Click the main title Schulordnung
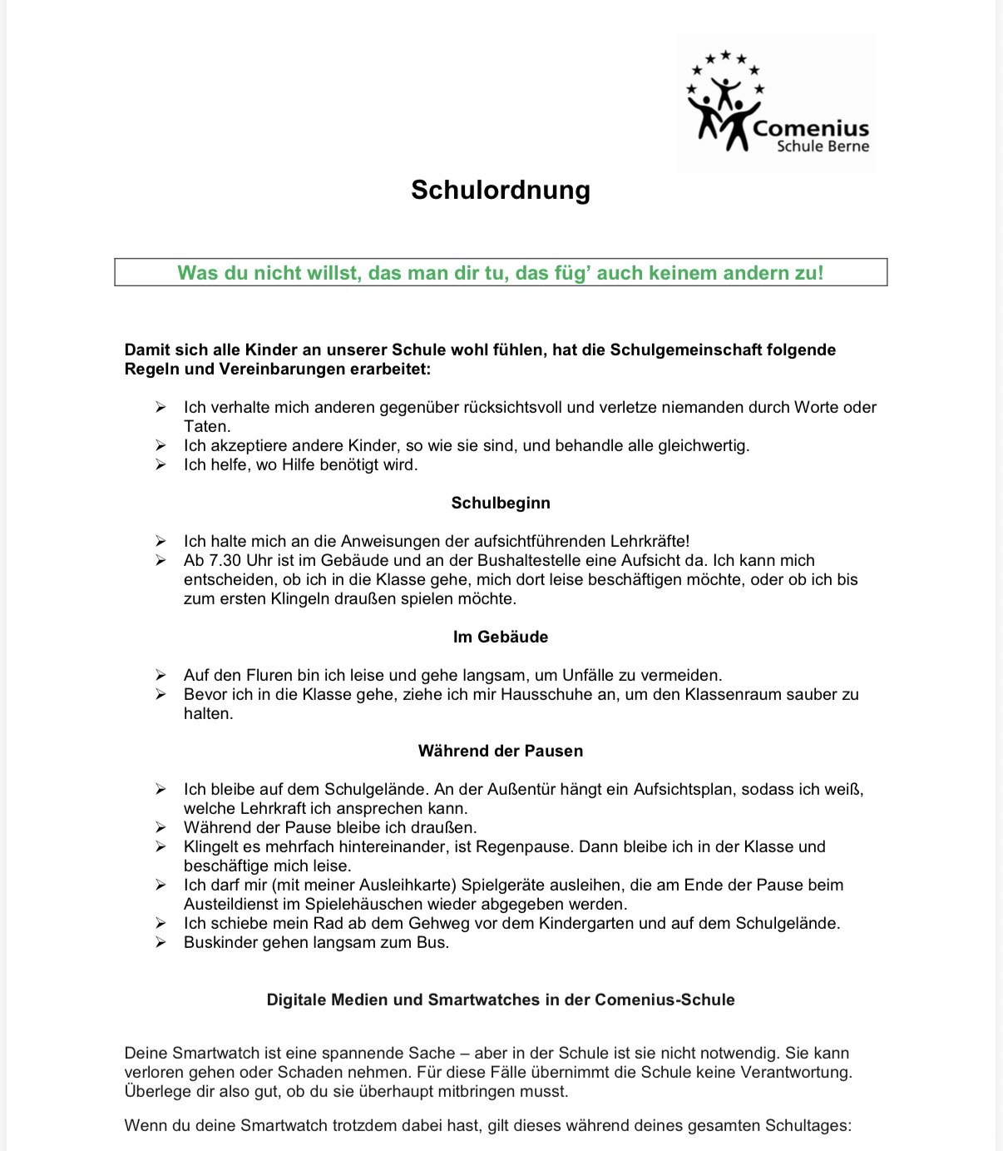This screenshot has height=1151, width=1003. coord(501,190)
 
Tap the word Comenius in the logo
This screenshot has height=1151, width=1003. coord(811,128)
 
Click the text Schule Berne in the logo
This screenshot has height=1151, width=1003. coord(823,146)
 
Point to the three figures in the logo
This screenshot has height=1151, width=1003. coord(724,113)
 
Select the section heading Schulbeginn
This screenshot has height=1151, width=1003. coord(501,503)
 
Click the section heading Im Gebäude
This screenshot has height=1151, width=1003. coord(501,637)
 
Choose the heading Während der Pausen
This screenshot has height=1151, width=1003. coord(501,751)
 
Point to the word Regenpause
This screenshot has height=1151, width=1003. coord(530,846)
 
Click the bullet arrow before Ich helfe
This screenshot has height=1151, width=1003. coord(161,464)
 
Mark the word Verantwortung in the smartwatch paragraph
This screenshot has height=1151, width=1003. coord(796,1072)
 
